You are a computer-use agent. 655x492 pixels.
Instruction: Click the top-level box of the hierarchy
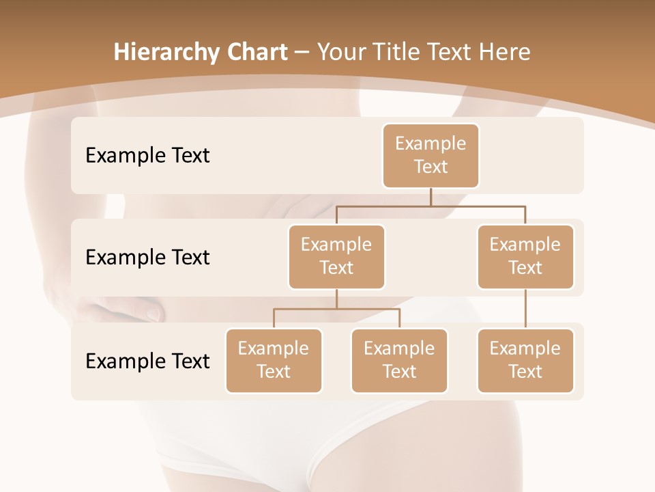tap(431, 156)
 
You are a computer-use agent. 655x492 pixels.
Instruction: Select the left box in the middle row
tap(336, 257)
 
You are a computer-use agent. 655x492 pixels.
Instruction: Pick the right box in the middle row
tap(525, 257)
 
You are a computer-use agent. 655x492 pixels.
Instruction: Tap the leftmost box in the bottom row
tap(274, 361)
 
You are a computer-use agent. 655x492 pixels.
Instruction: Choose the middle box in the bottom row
tap(399, 361)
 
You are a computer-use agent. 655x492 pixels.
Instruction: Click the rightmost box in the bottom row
tap(525, 361)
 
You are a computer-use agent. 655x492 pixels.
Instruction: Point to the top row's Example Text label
tap(147, 156)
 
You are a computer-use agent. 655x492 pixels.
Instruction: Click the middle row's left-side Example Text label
tap(147, 258)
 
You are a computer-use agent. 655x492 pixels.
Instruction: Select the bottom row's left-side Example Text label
tap(147, 361)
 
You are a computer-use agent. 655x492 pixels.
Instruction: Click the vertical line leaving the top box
tap(431, 197)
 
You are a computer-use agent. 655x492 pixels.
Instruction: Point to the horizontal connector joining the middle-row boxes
tap(431, 206)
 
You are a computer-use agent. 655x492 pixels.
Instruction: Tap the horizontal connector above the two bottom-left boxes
tap(336, 309)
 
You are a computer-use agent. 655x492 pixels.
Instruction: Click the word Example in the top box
tap(431, 143)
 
